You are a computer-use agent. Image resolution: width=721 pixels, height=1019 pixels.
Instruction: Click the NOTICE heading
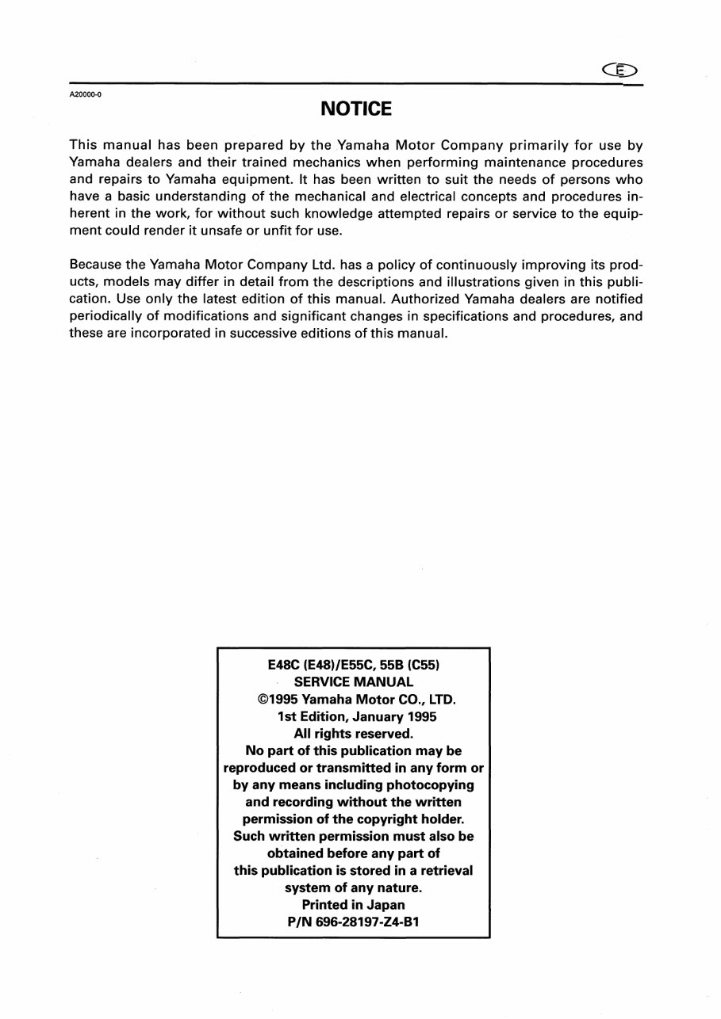pos(356,109)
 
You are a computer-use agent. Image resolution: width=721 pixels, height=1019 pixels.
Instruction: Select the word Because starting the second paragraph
pos(98,267)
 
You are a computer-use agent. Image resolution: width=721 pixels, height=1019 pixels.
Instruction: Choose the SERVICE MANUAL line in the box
pos(354,681)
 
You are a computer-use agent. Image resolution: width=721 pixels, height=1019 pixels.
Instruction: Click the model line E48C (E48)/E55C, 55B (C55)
pos(354,665)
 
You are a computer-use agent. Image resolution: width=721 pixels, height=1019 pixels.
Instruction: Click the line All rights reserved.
pos(354,734)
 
